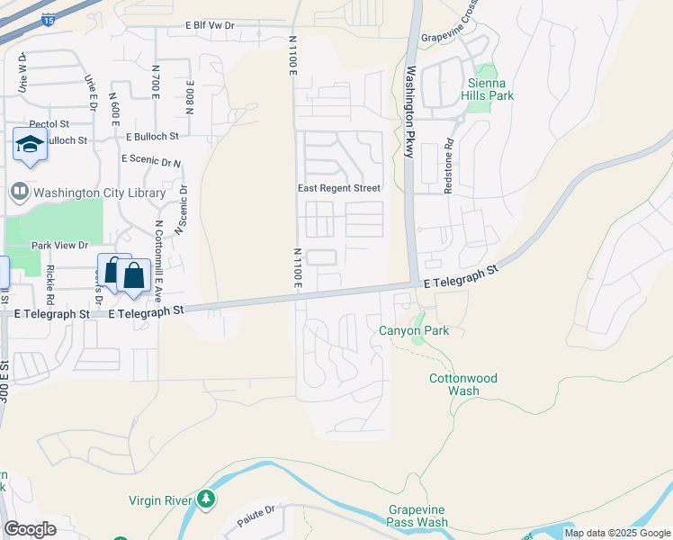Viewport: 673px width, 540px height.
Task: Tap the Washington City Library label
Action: tap(99, 193)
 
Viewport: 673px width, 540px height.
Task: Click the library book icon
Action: tap(19, 192)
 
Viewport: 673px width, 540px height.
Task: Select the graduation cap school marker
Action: tap(30, 144)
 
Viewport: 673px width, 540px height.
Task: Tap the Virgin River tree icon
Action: tap(207, 499)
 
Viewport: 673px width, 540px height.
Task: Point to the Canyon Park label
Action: tap(414, 330)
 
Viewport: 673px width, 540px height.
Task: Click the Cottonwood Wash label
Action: tap(462, 385)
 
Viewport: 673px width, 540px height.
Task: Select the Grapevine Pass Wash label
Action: tap(417, 516)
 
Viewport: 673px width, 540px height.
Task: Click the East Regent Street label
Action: tap(339, 188)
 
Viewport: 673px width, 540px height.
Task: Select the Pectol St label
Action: tap(49, 123)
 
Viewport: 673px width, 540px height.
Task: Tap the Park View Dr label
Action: tap(59, 245)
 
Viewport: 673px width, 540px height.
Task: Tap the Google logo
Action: tap(30, 529)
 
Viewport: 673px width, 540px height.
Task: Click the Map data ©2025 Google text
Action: tap(617, 533)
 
